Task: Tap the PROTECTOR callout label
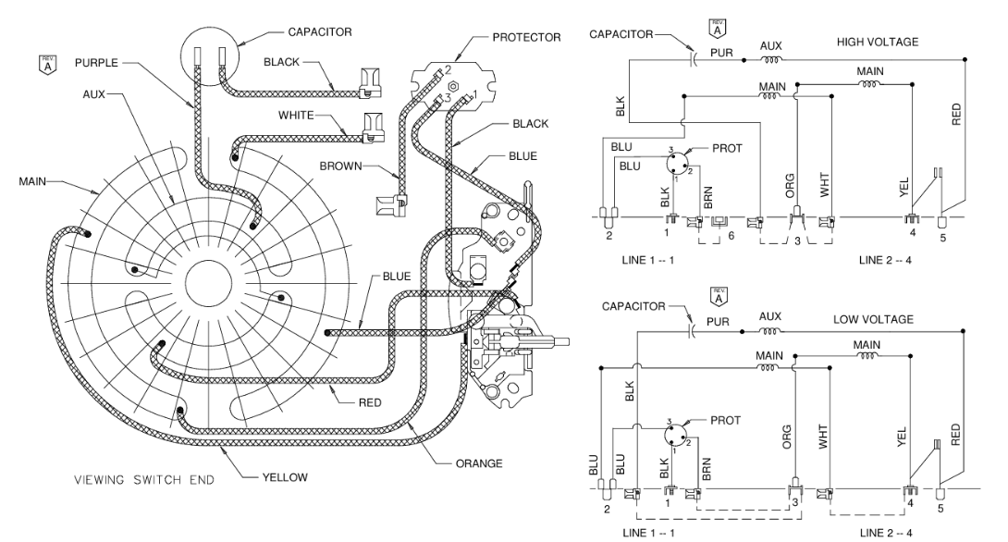click(527, 37)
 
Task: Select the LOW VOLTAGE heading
click(875, 319)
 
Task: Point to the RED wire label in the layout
click(375, 402)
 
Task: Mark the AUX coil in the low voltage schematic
click(769, 329)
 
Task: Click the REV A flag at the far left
click(41, 64)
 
